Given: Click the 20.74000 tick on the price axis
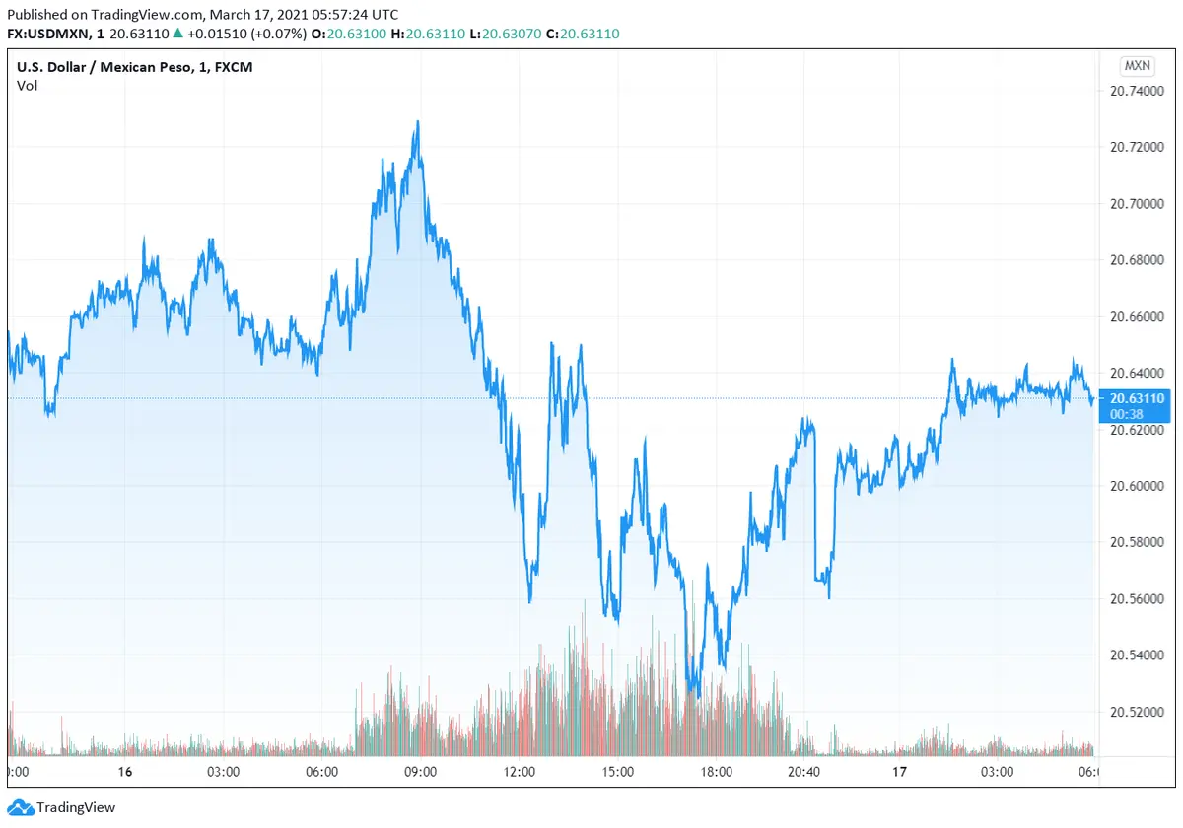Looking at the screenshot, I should point(1138,91).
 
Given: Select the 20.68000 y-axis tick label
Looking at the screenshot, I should point(1138,260).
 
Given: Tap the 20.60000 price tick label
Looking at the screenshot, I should point(1138,486).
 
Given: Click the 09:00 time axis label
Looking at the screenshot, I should point(421,772).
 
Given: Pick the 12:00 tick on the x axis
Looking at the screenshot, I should point(520,772).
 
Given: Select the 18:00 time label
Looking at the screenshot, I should point(716,772).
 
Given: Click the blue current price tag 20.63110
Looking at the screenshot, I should point(1137,398).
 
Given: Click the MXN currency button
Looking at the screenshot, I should point(1137,66).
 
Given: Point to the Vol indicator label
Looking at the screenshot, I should point(28,86).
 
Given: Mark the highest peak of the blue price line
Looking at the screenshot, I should point(418,122).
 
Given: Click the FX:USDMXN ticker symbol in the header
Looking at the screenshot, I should point(51,34).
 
